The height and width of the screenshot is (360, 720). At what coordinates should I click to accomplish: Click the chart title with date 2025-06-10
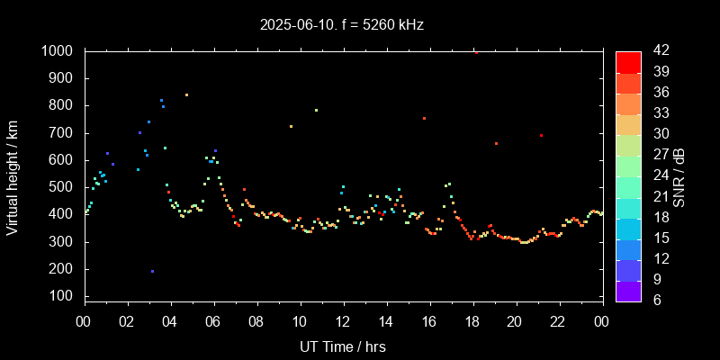click(x=341, y=25)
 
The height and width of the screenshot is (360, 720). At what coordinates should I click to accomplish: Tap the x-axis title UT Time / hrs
click(x=342, y=346)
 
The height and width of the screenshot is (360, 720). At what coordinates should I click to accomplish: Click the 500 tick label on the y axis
click(x=61, y=187)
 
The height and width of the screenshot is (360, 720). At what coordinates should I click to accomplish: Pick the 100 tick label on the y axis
click(x=61, y=296)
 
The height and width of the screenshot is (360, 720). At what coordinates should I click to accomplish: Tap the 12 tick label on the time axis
click(x=342, y=320)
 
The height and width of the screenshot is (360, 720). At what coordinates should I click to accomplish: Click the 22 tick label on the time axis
click(x=558, y=320)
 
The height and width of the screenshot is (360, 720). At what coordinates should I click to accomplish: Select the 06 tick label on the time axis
click(x=213, y=320)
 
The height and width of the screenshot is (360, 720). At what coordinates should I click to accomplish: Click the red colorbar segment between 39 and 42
click(x=628, y=61)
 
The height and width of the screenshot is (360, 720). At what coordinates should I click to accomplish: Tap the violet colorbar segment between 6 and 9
click(x=628, y=290)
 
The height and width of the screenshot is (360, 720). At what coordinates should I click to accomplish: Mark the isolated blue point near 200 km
click(x=152, y=271)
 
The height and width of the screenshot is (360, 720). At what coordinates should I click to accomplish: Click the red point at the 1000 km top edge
click(x=476, y=52)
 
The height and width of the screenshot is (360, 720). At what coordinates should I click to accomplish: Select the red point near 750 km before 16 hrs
click(x=424, y=118)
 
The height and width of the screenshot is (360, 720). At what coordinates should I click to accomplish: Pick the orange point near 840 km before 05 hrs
click(x=186, y=94)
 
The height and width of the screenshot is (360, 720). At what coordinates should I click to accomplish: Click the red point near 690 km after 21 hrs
click(x=541, y=136)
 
